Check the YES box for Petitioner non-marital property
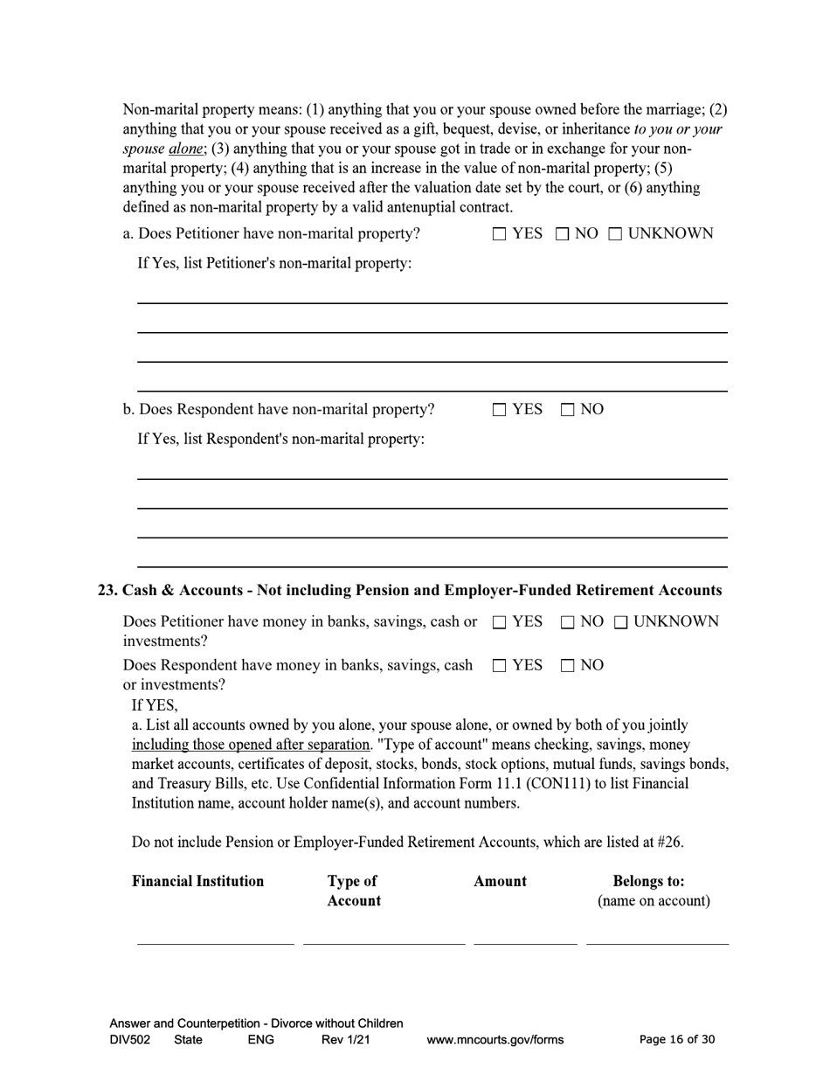tap(499, 234)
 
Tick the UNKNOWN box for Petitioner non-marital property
tap(615, 234)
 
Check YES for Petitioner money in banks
tap(499, 622)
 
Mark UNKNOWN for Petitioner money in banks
tap(620, 622)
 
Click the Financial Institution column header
tap(197, 881)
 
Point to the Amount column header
tap(500, 881)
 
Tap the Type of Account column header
tap(354, 891)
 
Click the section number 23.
tap(107, 591)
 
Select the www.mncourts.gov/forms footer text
tap(495, 1039)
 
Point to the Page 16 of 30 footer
tap(677, 1039)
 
